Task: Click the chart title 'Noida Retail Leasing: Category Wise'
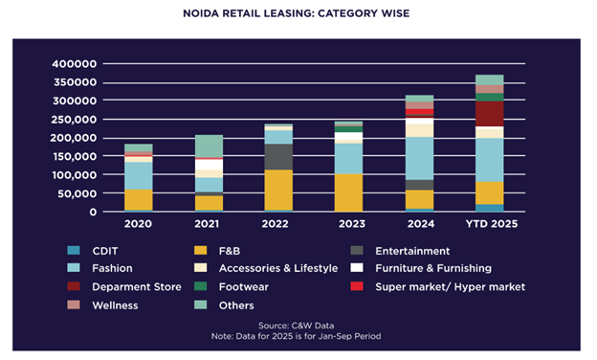coord(298,15)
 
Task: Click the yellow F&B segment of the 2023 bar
coord(348,191)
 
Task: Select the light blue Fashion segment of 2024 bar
coord(419,158)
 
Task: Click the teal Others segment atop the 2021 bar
coord(209,146)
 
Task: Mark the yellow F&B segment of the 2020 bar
coord(139,199)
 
